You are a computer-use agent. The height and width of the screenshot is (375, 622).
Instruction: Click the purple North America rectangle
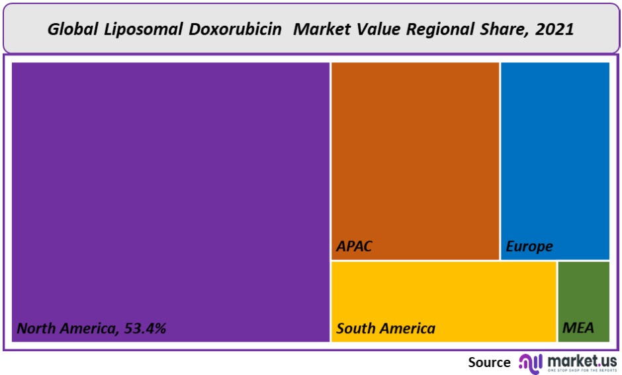(171, 192)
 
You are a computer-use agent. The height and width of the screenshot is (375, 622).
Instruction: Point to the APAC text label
(355, 246)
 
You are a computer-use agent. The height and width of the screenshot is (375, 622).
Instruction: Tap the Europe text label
(529, 246)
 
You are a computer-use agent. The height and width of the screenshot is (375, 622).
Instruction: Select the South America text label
(386, 328)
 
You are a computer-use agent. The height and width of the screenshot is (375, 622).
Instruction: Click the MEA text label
(578, 328)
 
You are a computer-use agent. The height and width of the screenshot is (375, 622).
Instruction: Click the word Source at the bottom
(489, 362)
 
